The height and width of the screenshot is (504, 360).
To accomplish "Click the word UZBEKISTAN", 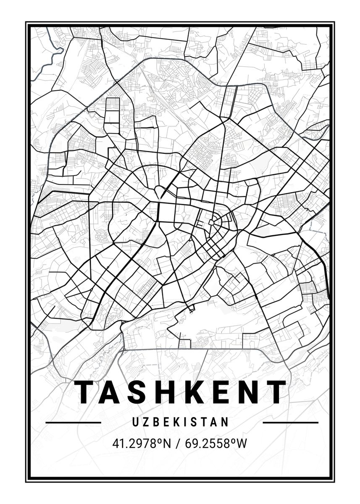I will (x=181, y=422).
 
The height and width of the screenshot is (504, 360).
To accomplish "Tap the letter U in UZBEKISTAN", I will (x=135, y=422).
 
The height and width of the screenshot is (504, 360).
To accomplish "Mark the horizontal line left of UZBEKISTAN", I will (x=73, y=422).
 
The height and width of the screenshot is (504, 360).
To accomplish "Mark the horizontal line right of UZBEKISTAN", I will (x=290, y=422).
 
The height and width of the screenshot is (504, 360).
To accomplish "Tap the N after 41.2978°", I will (x=168, y=443).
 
